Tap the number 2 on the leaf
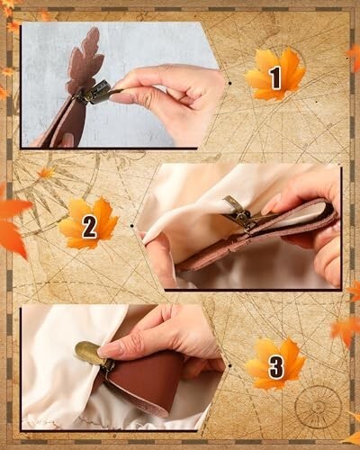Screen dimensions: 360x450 click(89, 226)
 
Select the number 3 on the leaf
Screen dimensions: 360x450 click(275, 366)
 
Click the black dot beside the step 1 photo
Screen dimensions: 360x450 click(229, 83)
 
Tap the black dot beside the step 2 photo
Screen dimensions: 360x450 click(132, 225)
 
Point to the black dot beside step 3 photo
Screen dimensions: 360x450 click(229, 365)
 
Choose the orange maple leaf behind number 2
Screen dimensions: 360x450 click(88, 223)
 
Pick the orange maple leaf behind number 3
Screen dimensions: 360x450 click(275, 364)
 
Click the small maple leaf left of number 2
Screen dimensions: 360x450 click(46, 173)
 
